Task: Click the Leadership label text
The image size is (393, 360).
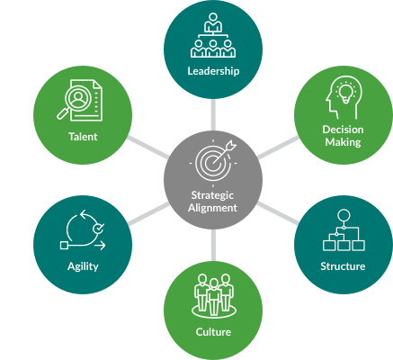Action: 213,71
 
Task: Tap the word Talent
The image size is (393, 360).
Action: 83,137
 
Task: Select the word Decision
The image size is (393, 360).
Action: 343,130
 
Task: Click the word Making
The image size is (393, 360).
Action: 343,142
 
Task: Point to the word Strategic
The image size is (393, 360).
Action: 212,195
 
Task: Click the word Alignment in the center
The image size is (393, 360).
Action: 212,208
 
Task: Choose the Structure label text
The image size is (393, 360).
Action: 343,266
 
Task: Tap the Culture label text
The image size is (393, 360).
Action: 213,332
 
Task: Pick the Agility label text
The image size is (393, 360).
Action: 83,266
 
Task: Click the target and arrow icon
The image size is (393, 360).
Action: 213,162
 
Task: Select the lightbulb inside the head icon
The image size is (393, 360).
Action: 346,91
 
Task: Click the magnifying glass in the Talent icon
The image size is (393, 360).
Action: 75,102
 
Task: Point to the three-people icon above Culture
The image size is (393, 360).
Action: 213,295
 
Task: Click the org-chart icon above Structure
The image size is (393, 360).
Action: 344,230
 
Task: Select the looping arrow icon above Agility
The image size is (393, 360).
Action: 83,229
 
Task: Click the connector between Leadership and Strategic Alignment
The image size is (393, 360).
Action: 213,114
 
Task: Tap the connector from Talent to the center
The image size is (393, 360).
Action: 147,148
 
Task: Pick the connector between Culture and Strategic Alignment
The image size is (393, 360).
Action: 213,246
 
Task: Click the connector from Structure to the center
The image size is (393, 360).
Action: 278,212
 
